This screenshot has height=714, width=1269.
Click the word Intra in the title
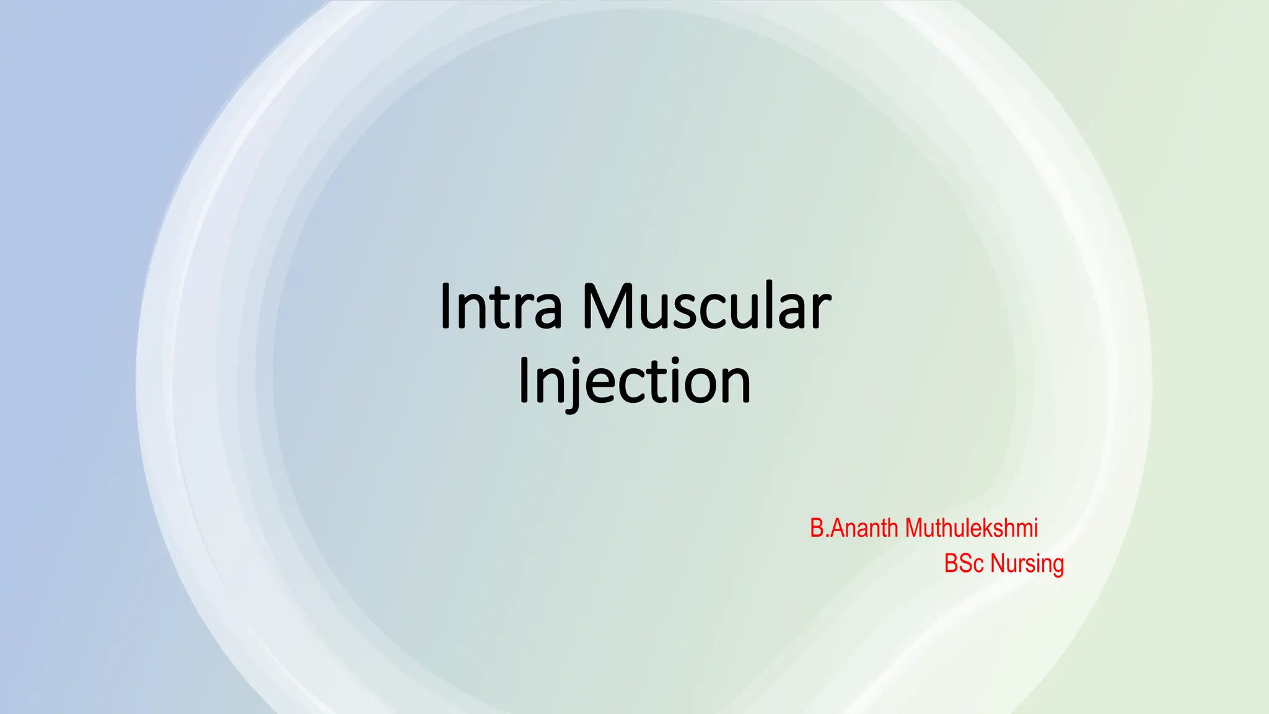pyautogui.click(x=501, y=306)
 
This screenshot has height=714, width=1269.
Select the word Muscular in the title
pyautogui.click(x=706, y=306)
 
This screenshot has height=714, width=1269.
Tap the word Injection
pyautogui.click(x=634, y=381)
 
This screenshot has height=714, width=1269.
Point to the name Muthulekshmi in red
pyautogui.click(x=971, y=528)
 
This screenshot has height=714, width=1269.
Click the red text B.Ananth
pyautogui.click(x=854, y=528)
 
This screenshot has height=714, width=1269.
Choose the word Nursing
pyautogui.click(x=1027, y=564)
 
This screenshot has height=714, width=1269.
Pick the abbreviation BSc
pyautogui.click(x=964, y=563)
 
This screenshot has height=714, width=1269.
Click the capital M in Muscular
pyautogui.click(x=607, y=306)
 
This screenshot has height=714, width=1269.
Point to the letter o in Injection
pyautogui.click(x=696, y=384)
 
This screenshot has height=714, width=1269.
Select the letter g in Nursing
pyautogui.click(x=1057, y=566)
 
